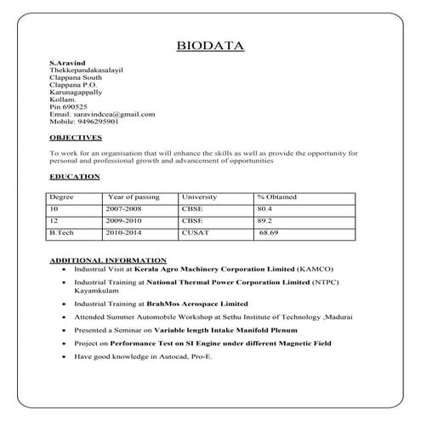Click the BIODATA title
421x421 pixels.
(x=209, y=44)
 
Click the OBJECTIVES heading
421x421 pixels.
(x=74, y=137)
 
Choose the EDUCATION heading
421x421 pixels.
(x=74, y=176)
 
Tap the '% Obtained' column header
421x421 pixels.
(x=277, y=196)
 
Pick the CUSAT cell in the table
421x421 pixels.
(x=193, y=232)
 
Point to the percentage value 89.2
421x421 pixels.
(x=265, y=219)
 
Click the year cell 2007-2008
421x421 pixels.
(x=125, y=208)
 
